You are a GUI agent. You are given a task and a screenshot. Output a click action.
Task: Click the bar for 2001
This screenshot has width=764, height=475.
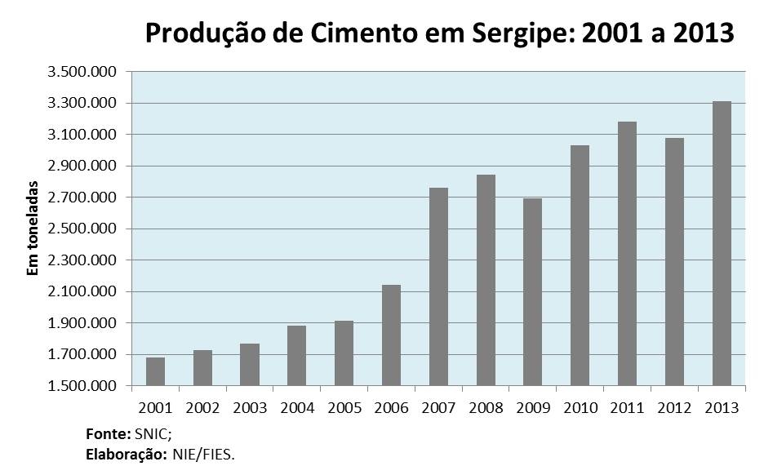click(155, 371)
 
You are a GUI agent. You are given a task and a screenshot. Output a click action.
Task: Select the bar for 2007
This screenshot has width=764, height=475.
click(438, 286)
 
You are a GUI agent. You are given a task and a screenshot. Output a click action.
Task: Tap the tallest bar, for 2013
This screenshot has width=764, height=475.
click(722, 243)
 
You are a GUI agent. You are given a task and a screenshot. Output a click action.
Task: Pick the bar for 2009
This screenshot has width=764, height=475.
click(532, 291)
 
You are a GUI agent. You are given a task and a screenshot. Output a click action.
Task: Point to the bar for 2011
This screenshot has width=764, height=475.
click(627, 253)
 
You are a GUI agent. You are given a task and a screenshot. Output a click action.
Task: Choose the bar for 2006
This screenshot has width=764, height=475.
click(391, 335)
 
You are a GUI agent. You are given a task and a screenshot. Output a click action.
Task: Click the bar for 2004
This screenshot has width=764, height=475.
click(297, 355)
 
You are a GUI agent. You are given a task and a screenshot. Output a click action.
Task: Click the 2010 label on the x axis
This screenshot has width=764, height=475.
click(580, 406)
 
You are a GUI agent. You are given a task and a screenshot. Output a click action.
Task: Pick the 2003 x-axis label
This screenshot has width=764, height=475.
click(250, 406)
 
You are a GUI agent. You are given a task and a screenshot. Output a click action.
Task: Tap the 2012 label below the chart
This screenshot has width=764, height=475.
click(674, 406)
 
